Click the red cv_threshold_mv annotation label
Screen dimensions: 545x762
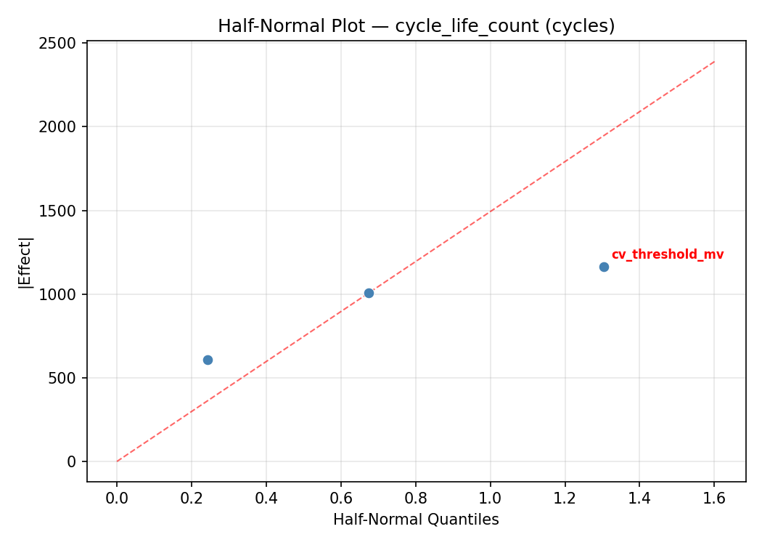tap(667, 254)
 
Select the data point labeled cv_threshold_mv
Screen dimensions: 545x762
tap(604, 267)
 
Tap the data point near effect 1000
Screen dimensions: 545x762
tap(369, 293)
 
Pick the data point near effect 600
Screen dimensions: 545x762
tap(208, 360)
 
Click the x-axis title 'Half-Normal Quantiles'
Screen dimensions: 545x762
tap(416, 520)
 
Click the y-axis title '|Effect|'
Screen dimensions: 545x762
tap(26, 262)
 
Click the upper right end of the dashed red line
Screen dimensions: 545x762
tap(714, 62)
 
